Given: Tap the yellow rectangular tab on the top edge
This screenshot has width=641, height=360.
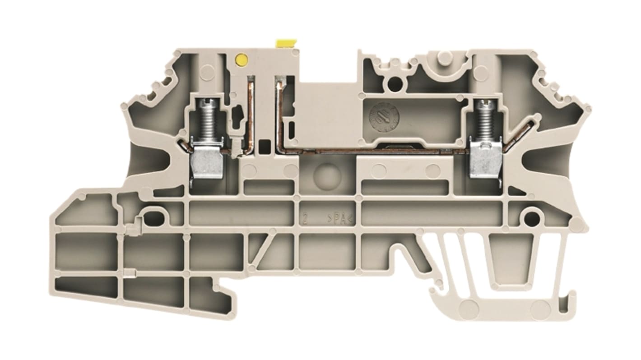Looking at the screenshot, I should pyautogui.click(x=283, y=44).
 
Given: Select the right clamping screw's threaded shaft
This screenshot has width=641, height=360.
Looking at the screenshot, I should pyautogui.click(x=485, y=122).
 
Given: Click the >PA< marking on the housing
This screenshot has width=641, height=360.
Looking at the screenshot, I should pyautogui.click(x=341, y=220).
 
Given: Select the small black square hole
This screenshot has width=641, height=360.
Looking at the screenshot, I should pyautogui.click(x=264, y=145).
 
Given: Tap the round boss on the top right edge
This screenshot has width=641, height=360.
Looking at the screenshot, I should pyautogui.click(x=445, y=56).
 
